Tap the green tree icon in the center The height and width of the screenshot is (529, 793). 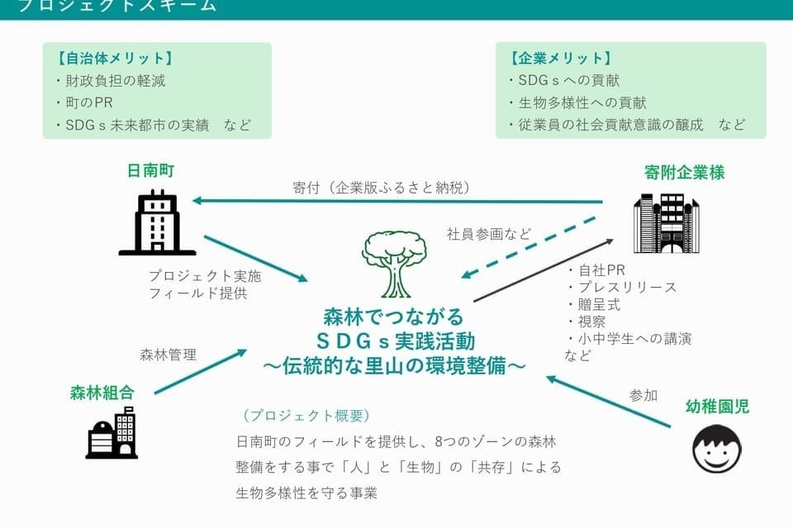394,264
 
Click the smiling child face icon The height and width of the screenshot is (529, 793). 716,449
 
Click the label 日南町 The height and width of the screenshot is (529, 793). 150,171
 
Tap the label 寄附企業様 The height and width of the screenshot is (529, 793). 684,173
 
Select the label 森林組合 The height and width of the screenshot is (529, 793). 102,393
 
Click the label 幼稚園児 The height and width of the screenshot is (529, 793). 718,406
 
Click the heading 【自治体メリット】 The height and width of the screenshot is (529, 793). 115,59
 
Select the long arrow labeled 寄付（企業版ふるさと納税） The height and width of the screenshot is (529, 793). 396,202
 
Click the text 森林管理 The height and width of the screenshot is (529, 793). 169,355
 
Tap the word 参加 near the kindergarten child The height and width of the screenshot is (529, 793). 643,395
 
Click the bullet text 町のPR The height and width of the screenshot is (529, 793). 89,103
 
